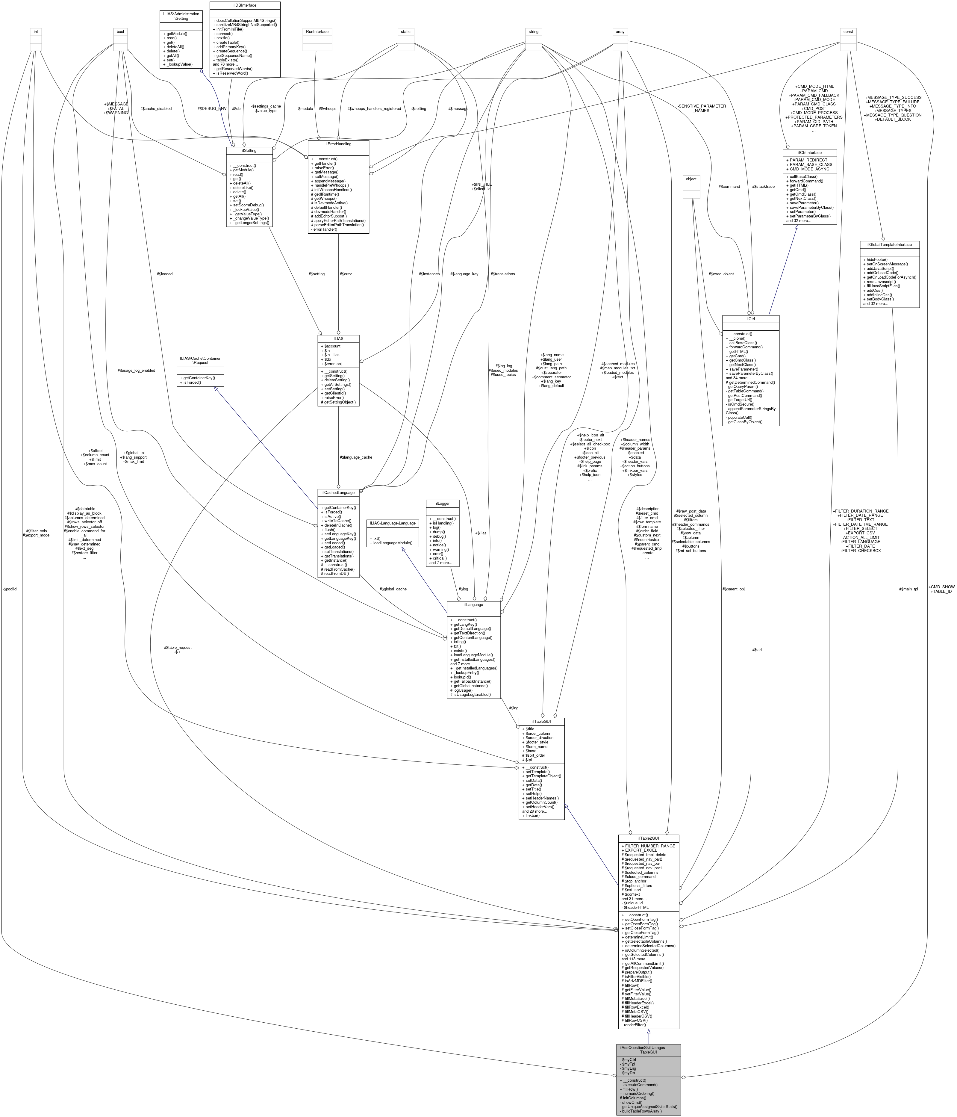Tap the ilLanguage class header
[474, 605]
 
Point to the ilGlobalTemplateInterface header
[889, 245]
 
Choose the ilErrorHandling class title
[338, 144]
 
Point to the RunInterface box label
[317, 31]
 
